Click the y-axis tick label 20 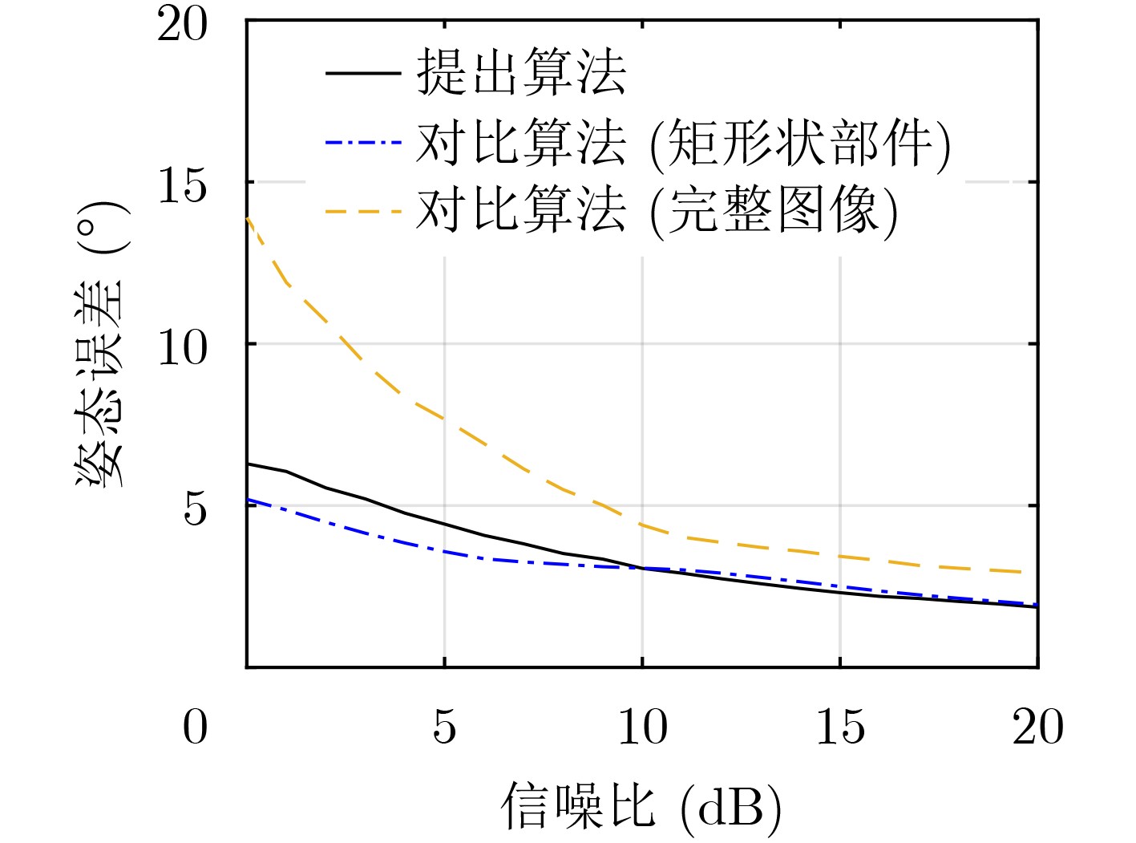point(182,25)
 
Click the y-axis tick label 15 point(182,186)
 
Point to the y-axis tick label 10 point(182,348)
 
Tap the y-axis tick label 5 point(195,509)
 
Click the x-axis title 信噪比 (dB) point(641,807)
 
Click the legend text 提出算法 point(521,74)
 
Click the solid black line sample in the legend point(362,74)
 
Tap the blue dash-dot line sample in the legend point(362,144)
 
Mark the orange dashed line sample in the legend point(362,212)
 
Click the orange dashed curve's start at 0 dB point(248,218)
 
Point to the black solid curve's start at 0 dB point(248,464)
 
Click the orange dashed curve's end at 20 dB point(1037,573)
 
